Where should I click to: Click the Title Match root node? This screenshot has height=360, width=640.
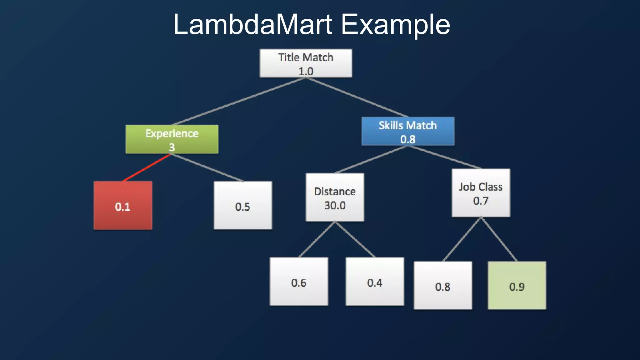(306, 63)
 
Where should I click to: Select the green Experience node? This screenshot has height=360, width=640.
(172, 139)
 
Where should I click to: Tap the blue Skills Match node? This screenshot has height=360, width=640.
(408, 131)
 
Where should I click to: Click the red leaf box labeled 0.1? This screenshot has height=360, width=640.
(123, 205)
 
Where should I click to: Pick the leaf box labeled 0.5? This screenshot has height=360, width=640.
(243, 205)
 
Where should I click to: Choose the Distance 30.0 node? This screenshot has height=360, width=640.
(335, 197)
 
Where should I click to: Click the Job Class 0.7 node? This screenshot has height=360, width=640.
(481, 193)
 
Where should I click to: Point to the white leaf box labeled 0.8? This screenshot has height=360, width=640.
(443, 285)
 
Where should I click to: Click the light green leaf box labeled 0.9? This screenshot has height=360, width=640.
(517, 285)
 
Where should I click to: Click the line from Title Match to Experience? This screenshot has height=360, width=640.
(239, 102)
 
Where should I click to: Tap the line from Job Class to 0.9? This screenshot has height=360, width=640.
(499, 239)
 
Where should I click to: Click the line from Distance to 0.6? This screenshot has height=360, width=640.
(317, 239)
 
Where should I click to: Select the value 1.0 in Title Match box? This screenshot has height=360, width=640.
(306, 71)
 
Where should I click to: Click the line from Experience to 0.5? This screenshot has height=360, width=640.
(207, 168)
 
